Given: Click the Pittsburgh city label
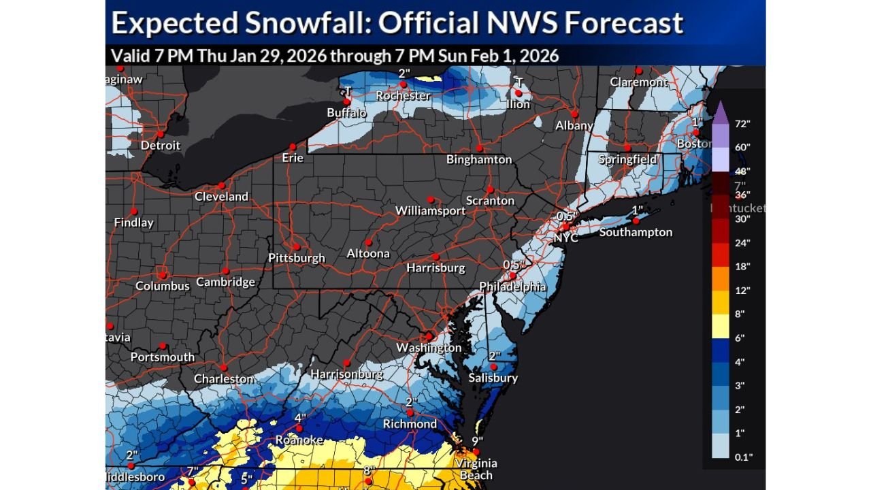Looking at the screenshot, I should (x=297, y=258).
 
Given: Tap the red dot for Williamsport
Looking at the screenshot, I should (x=430, y=199).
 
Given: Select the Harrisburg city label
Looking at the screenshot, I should (x=435, y=268).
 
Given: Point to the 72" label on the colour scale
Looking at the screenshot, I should (x=742, y=124).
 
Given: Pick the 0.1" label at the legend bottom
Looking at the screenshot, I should (x=743, y=457).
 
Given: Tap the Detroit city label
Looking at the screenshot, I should (x=161, y=145).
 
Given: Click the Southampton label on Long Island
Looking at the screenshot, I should (x=636, y=232).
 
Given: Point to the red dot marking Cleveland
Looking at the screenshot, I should (x=221, y=185).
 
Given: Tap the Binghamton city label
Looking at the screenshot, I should (x=479, y=159).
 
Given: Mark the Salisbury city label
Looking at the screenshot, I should (x=493, y=378).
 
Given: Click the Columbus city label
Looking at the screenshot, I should (x=163, y=286).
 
